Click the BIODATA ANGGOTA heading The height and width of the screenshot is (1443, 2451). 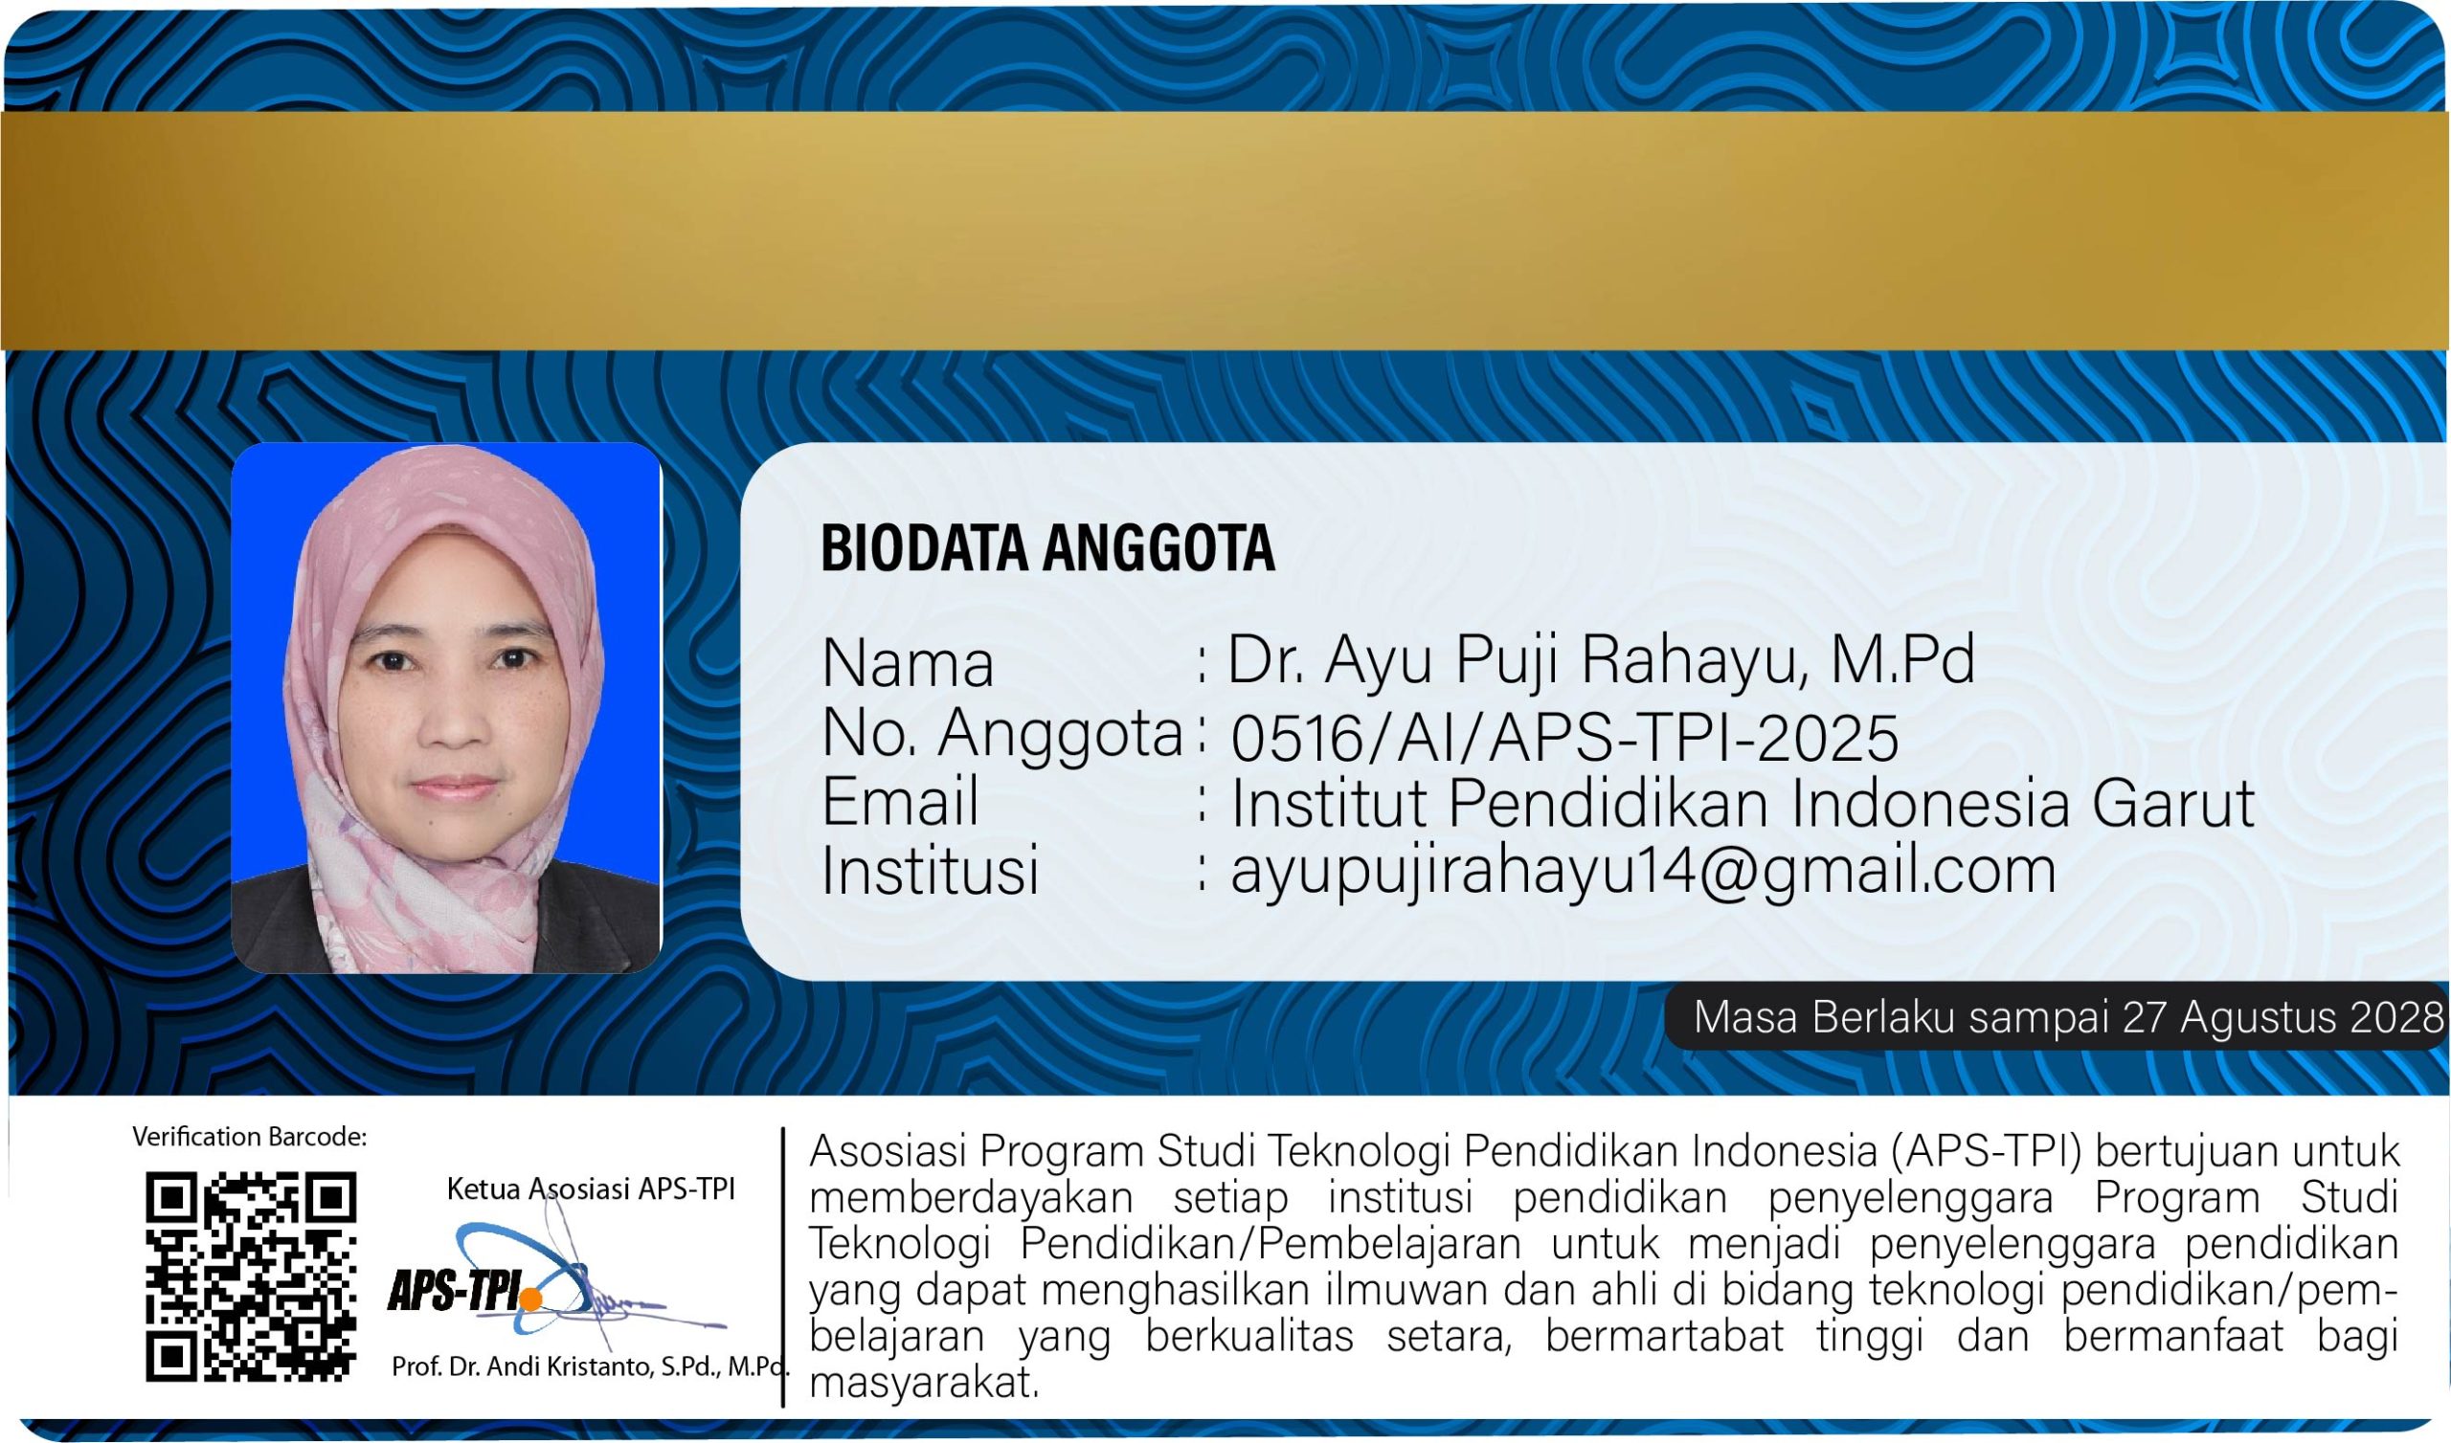tap(1047, 547)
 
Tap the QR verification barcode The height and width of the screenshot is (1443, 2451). tap(251, 1276)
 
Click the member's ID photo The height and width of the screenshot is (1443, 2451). tap(446, 708)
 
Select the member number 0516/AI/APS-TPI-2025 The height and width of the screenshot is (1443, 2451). tap(1564, 737)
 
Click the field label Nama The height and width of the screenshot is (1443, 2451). tap(908, 664)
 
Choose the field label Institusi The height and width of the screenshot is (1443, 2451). tap(931, 869)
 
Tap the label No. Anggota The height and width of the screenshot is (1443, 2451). tap(1002, 735)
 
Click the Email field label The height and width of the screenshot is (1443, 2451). tap(901, 801)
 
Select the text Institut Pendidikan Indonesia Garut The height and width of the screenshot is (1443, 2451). tap(1743, 803)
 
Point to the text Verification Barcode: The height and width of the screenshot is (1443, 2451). tap(250, 1136)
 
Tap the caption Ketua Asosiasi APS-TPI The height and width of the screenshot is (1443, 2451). tap(591, 1188)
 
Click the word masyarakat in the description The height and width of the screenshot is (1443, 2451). tap(924, 1382)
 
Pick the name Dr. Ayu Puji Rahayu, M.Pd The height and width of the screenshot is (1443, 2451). tap(1601, 661)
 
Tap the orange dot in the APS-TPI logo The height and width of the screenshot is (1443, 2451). tap(531, 1299)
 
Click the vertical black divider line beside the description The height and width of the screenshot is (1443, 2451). tap(783, 1267)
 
